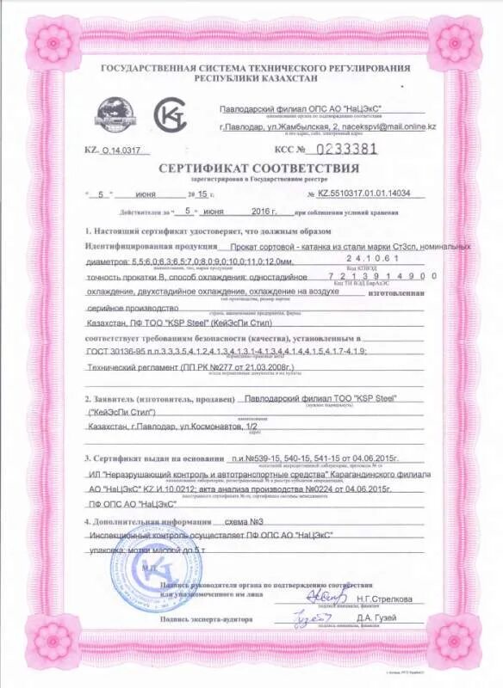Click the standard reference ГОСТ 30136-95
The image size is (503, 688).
116,352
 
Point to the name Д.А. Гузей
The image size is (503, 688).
378,619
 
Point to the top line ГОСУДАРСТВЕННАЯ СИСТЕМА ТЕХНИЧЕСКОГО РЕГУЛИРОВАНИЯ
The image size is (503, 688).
256,68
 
